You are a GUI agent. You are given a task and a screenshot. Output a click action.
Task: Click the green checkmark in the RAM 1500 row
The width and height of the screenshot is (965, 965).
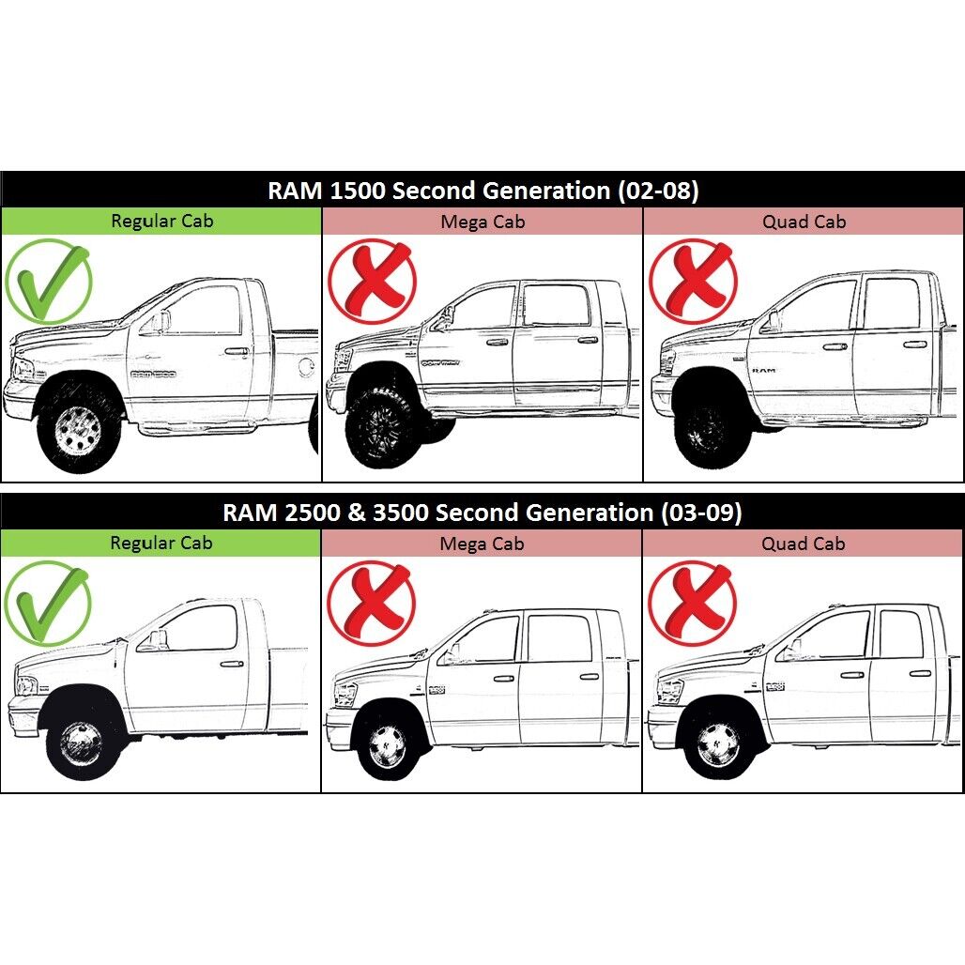48,282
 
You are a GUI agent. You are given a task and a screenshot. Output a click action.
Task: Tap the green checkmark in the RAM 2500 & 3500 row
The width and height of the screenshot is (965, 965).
47,603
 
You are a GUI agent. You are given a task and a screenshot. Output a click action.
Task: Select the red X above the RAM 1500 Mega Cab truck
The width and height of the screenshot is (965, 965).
372,282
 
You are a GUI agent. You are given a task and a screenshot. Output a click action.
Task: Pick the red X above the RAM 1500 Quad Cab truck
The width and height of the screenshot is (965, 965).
693,282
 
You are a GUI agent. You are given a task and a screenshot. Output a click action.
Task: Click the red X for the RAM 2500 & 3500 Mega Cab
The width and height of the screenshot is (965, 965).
371,603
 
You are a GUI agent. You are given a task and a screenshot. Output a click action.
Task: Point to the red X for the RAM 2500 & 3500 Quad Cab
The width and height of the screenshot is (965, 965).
692,603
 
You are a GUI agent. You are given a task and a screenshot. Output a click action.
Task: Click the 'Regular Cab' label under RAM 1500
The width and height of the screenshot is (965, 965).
161,221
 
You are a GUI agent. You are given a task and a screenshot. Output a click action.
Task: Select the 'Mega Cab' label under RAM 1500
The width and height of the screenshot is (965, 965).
482,222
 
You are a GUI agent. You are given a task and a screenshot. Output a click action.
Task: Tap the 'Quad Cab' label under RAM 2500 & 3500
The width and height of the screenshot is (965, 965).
804,544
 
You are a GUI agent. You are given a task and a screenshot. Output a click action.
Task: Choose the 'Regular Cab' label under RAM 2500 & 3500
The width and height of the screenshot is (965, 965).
161,543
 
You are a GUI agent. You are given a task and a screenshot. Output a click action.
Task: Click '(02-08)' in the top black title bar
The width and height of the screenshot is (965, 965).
658,191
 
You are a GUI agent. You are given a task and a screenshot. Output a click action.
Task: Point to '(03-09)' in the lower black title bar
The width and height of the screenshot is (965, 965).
701,513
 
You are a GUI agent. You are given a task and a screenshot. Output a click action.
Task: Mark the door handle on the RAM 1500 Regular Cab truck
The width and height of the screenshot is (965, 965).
237,352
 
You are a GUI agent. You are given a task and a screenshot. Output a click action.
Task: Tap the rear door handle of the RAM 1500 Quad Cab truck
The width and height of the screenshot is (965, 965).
915,345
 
